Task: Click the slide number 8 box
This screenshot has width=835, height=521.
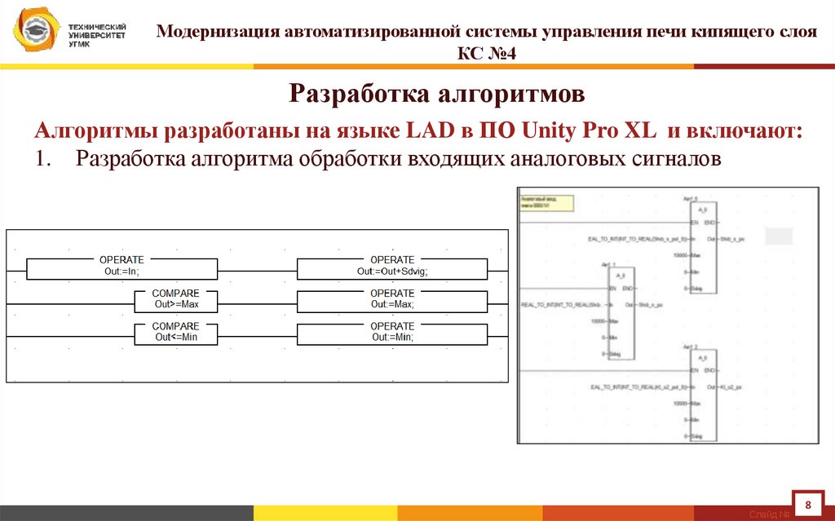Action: coord(808,506)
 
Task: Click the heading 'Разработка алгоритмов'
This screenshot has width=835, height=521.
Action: coord(436,95)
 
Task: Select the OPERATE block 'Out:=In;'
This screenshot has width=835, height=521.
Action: coord(121,267)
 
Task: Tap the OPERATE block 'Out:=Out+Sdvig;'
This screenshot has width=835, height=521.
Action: coord(392,267)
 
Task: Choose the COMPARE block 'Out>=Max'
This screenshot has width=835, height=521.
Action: coord(177,300)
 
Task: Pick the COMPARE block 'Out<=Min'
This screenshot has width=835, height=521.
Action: coord(177,333)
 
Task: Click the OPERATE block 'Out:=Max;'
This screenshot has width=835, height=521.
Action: coord(392,300)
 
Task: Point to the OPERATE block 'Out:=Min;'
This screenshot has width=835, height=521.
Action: coord(392,333)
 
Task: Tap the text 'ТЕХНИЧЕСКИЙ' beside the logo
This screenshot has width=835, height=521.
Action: coord(97,28)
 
